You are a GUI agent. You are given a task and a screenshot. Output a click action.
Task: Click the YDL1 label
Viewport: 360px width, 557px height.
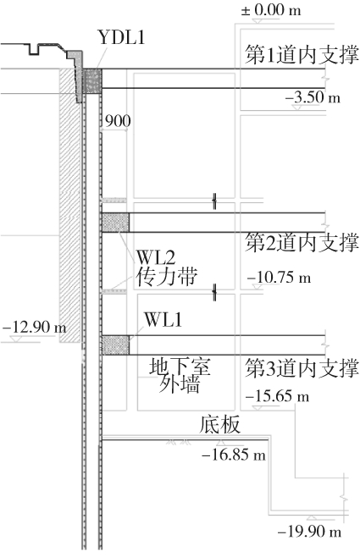pos(121,37)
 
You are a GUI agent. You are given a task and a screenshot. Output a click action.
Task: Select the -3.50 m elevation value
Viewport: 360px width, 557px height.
pos(313,97)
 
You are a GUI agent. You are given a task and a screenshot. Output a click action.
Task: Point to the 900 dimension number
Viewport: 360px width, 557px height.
pos(118,121)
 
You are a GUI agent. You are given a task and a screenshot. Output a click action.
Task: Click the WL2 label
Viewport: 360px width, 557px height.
pos(156,257)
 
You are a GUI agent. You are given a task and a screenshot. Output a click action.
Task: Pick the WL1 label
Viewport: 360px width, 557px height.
pos(163,319)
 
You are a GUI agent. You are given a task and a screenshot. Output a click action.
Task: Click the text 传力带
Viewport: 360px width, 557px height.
pos(166,276)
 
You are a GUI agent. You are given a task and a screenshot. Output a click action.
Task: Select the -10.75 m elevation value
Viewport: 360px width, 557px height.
pos(279,277)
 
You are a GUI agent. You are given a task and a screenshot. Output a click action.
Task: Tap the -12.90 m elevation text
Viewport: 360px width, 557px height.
pos(35,327)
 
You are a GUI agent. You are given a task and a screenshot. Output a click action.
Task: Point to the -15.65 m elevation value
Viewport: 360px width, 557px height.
pos(277,395)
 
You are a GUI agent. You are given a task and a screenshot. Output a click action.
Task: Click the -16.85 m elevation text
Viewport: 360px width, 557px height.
pos(234,455)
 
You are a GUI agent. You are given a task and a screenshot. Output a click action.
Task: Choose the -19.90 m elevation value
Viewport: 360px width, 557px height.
pos(309,532)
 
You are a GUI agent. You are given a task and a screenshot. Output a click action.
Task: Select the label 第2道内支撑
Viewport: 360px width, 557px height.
pos(302,243)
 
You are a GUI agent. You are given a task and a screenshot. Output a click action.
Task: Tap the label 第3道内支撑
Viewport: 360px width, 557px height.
pos(302,368)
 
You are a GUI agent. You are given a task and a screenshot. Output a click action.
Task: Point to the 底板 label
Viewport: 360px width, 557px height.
pos(219,424)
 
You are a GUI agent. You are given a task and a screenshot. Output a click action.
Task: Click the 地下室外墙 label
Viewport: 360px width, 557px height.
pos(180,375)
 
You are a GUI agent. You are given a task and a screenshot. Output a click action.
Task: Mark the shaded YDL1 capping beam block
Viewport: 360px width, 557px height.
pos(92,81)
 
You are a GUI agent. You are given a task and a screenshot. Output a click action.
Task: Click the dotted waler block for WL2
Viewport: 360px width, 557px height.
pos(115,223)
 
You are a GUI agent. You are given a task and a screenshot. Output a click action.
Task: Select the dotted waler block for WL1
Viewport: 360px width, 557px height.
pos(115,345)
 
